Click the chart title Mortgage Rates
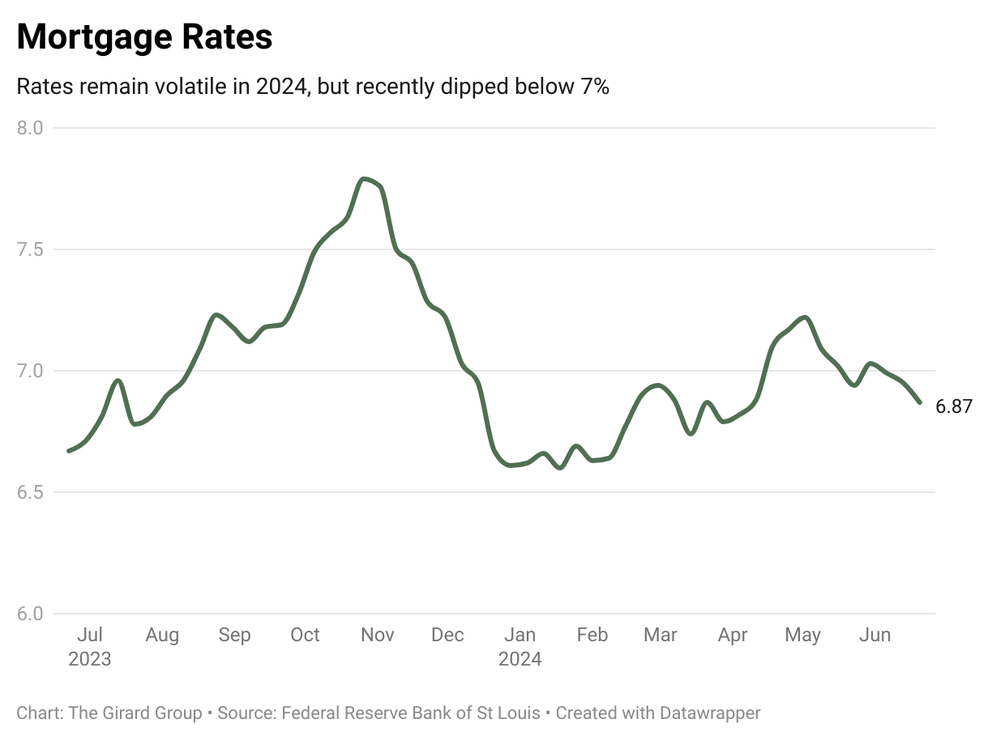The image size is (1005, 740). (144, 37)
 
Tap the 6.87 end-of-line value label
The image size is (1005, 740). (954, 406)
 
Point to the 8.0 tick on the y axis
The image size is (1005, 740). (30, 128)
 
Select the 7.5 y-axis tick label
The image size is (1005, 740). (30, 249)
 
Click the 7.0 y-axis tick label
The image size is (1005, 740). (30, 371)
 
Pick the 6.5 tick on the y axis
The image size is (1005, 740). (30, 492)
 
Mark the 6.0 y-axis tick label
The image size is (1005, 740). (30, 614)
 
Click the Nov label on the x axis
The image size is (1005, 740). (377, 635)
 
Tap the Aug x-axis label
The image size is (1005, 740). (162, 635)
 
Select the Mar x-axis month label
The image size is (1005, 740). (661, 635)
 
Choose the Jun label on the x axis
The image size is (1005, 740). (875, 635)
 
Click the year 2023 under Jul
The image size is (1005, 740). (89, 659)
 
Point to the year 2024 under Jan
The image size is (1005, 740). (520, 659)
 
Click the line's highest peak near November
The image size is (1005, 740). (366, 179)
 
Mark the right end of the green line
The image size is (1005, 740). (919, 402)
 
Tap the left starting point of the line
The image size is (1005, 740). (69, 451)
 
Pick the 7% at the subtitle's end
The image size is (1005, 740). (594, 87)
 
